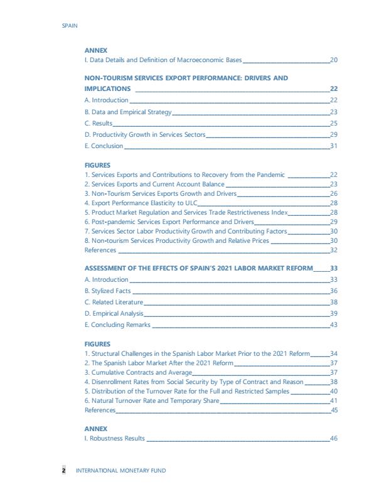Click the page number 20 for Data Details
334,60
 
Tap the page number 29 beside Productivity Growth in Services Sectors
334,135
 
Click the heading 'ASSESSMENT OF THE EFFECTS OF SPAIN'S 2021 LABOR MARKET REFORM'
198,268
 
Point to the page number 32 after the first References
334,250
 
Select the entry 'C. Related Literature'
114,302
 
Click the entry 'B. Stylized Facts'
108,291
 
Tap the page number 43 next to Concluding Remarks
334,324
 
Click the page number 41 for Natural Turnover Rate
334,400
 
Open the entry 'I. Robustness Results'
115,438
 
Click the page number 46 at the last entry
334,438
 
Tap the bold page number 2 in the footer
63,471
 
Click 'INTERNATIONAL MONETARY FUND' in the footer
121,471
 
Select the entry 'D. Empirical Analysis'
114,313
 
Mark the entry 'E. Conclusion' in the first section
104,146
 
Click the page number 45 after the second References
334,410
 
